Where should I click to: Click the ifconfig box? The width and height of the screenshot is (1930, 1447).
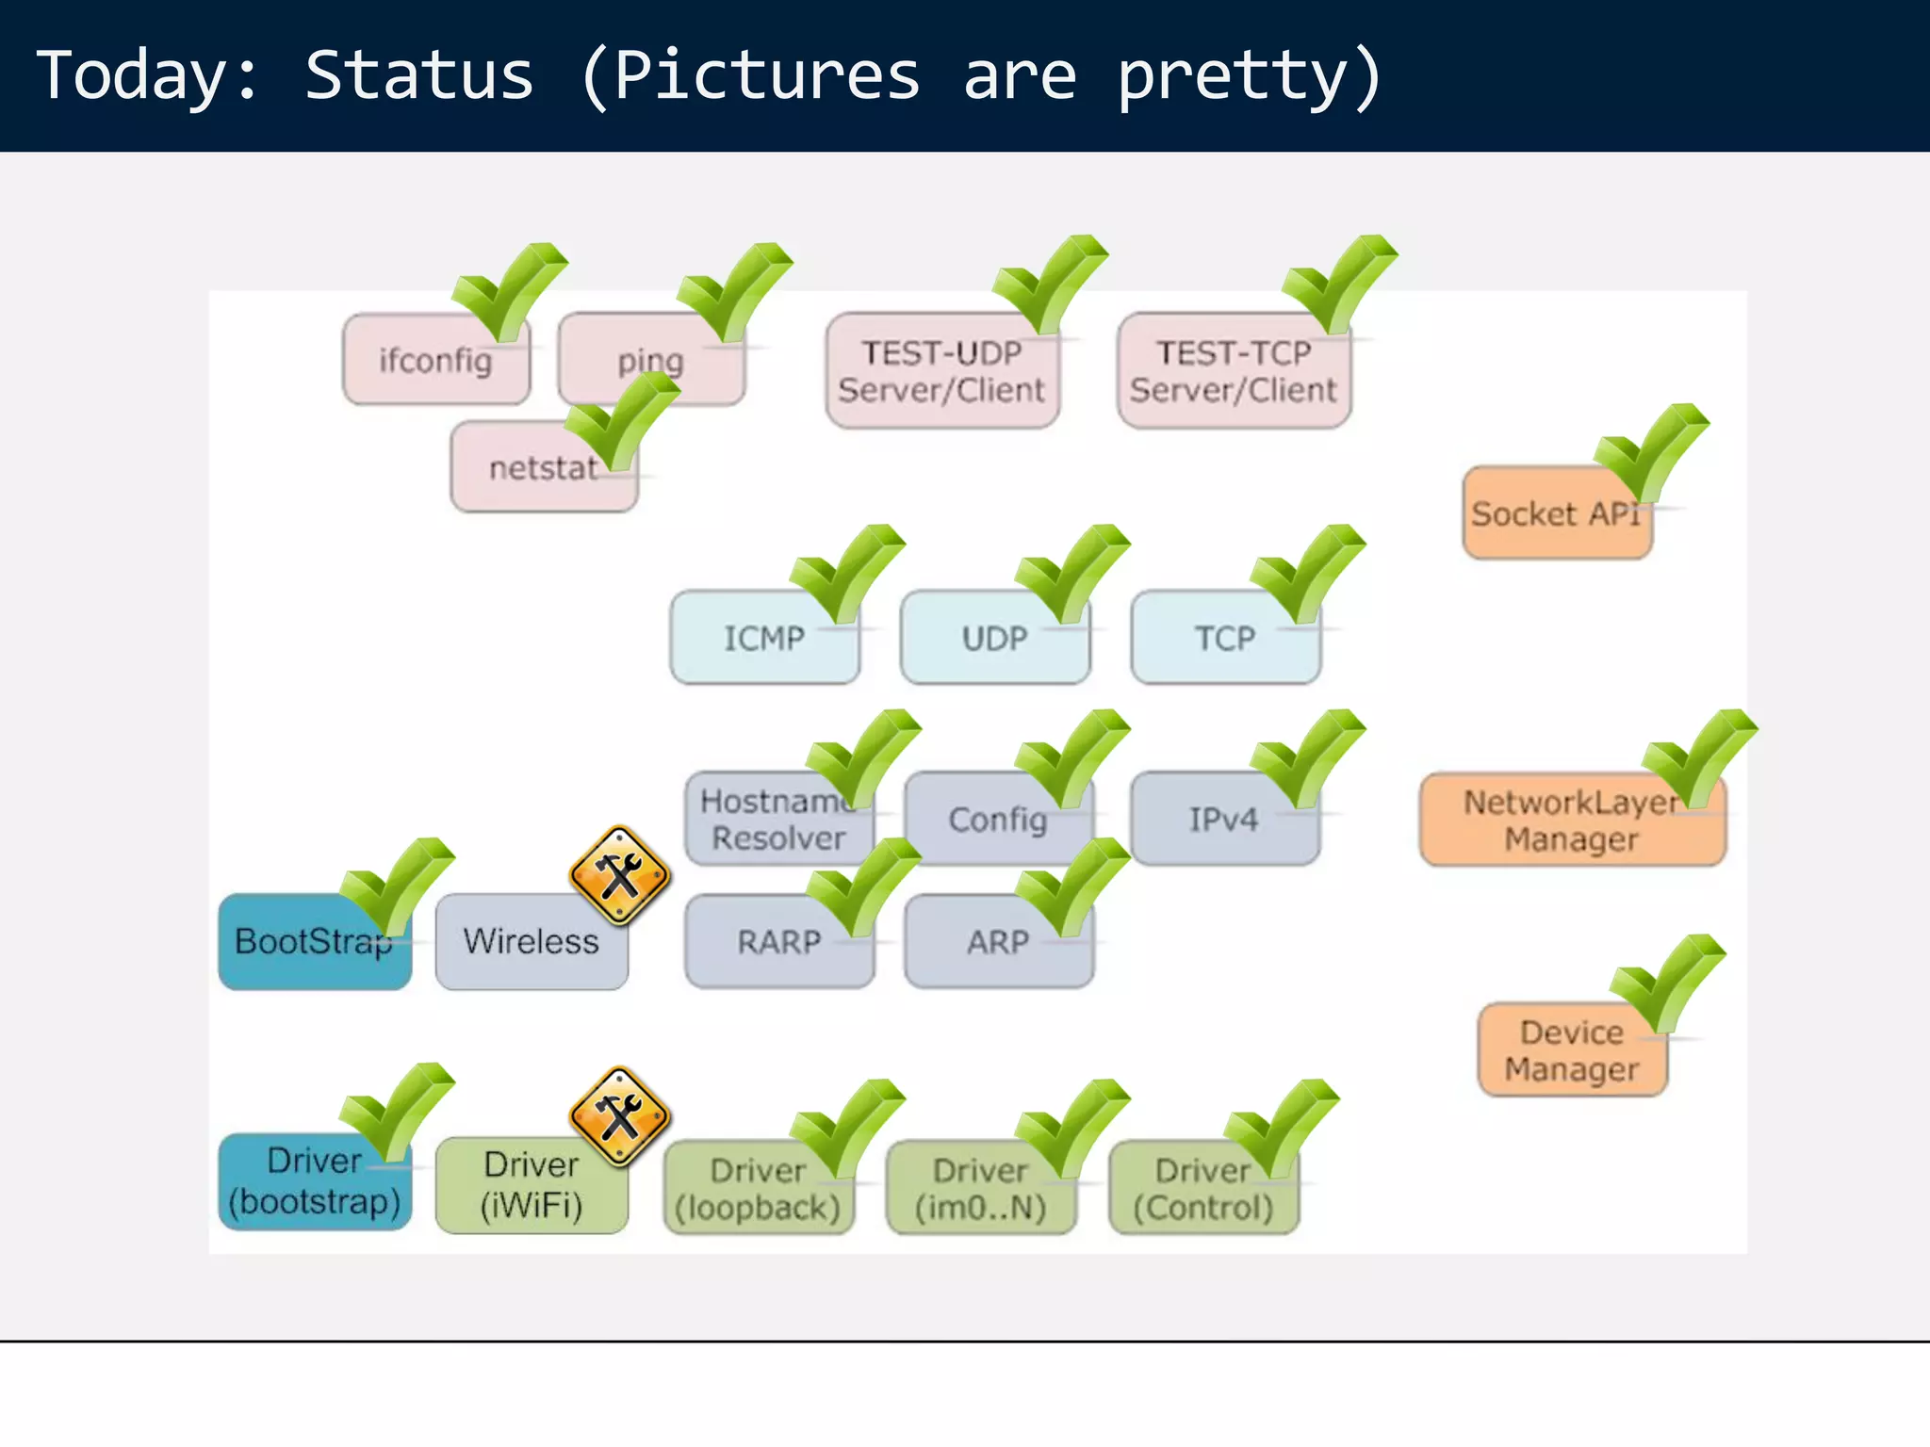(x=435, y=360)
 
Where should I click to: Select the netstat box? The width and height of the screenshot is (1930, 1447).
(x=543, y=468)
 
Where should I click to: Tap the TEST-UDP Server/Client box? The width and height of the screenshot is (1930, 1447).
(x=941, y=371)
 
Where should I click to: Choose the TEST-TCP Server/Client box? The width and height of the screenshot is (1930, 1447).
(x=1233, y=371)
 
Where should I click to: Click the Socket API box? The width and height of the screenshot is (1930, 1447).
(x=1555, y=514)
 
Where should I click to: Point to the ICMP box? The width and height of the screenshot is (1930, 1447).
(x=763, y=639)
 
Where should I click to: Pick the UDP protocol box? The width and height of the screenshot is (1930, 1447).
(x=994, y=639)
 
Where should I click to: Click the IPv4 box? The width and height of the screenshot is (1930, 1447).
(x=1223, y=820)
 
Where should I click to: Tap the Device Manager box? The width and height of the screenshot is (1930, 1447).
(x=1571, y=1051)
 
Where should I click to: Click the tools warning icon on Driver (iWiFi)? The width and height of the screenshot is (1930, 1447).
(x=620, y=1117)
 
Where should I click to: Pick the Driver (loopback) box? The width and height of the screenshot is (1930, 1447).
(x=758, y=1189)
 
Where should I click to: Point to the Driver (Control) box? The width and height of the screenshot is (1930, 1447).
(x=1202, y=1189)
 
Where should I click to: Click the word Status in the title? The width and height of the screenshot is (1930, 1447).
(x=419, y=75)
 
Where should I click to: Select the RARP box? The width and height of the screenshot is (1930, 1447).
(x=778, y=942)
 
